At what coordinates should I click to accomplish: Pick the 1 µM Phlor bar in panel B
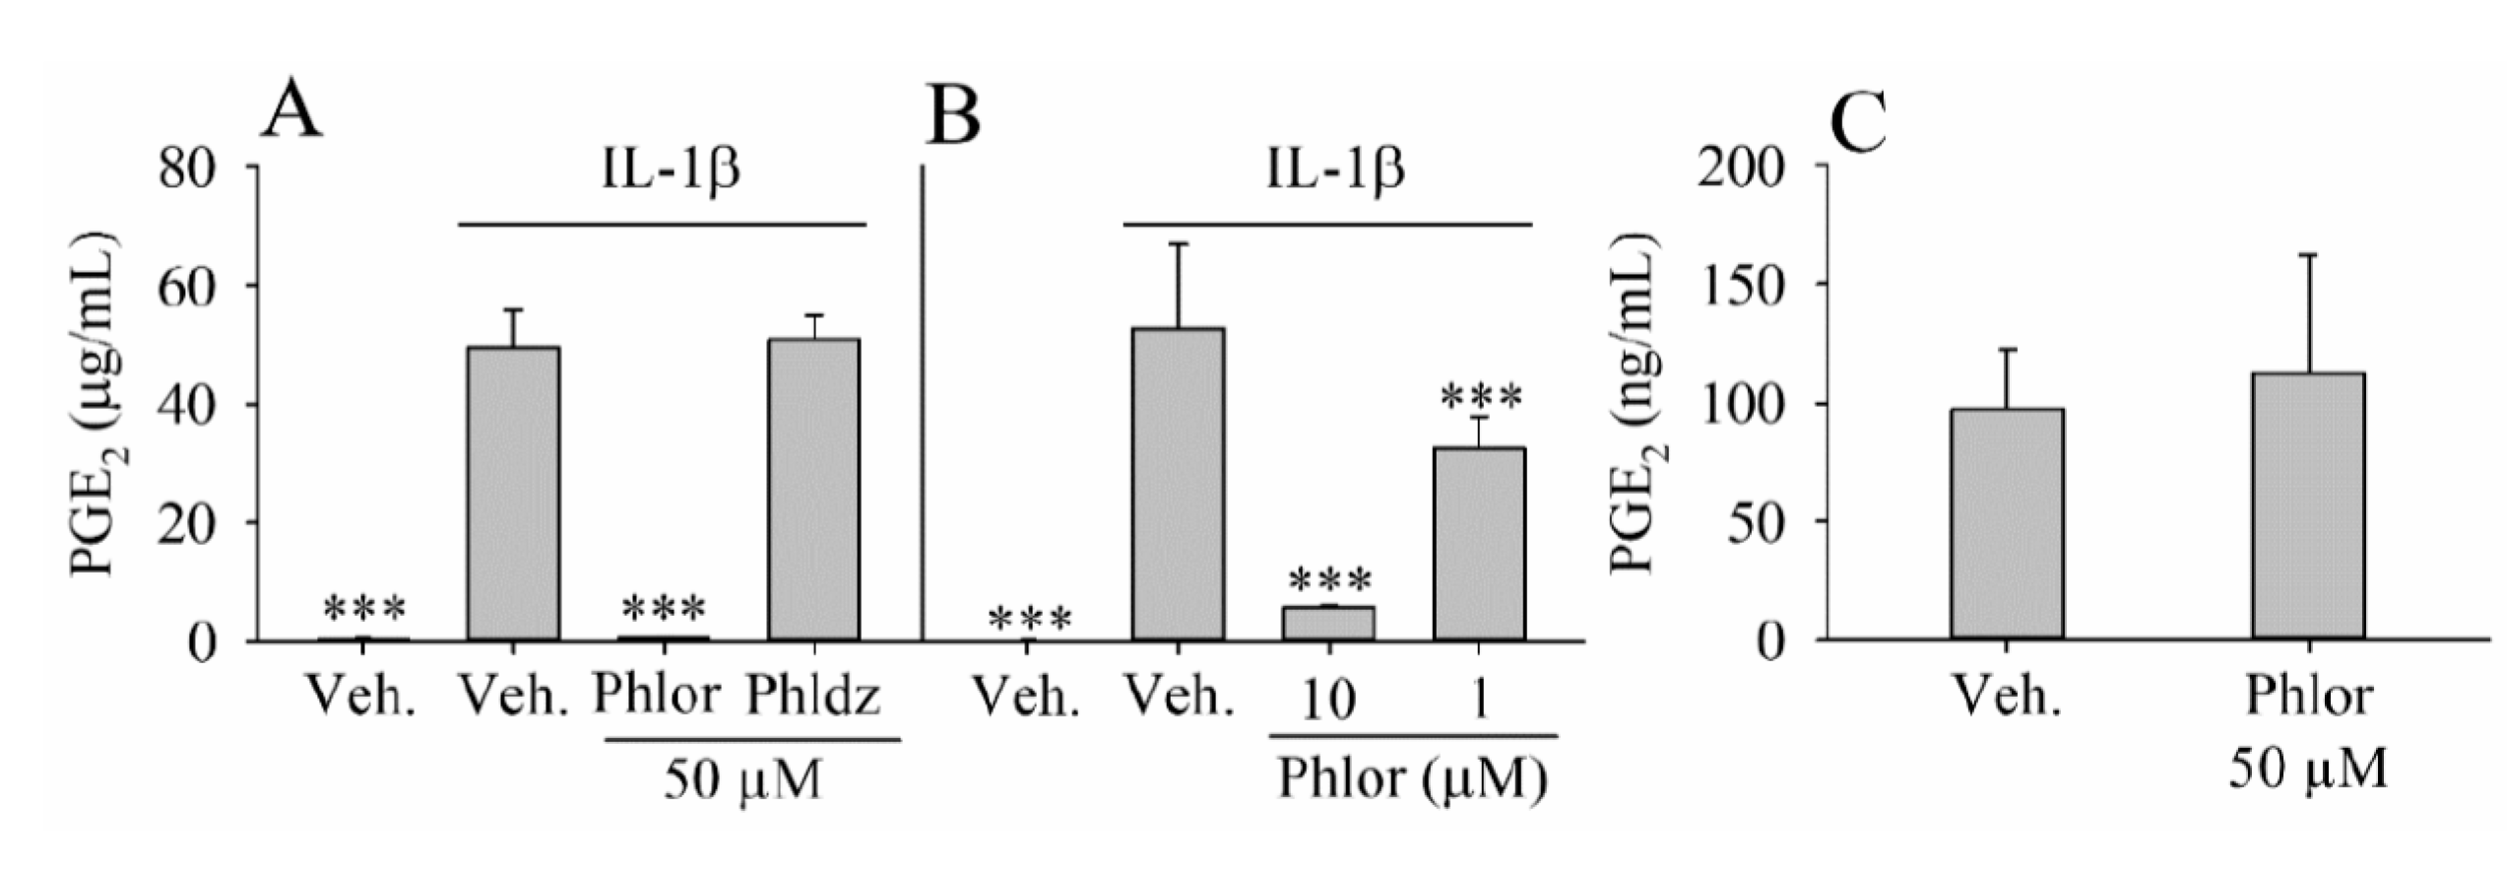(1479, 544)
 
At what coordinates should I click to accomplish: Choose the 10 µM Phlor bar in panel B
(1328, 624)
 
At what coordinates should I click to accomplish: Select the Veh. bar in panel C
(2007, 524)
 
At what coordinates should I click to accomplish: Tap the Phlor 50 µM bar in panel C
(2308, 506)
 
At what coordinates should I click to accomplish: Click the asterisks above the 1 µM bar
(1481, 398)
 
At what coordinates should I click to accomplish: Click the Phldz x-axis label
(813, 697)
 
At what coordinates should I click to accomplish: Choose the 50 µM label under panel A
(742, 781)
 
